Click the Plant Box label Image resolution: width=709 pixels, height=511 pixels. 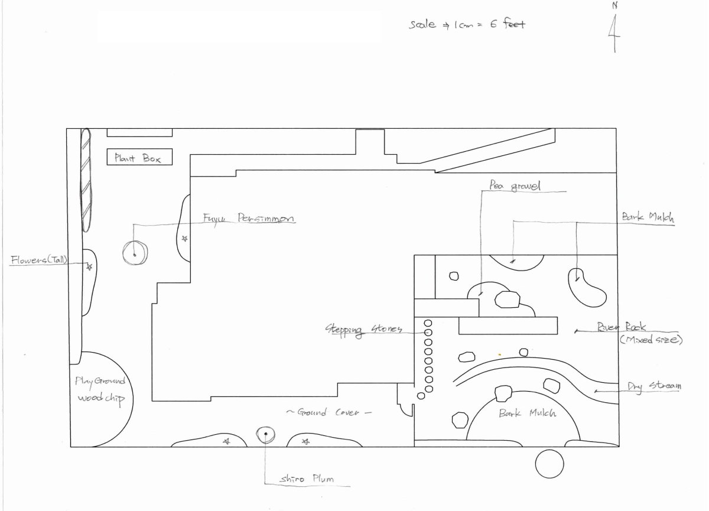click(139, 158)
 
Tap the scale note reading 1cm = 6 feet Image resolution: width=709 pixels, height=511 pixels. click(467, 25)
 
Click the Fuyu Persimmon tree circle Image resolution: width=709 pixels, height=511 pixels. click(134, 253)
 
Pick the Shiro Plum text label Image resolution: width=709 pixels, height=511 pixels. click(307, 479)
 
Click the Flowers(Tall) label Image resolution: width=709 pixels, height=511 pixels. click(40, 259)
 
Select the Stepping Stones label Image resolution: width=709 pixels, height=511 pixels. click(364, 329)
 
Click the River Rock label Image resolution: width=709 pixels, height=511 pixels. click(622, 327)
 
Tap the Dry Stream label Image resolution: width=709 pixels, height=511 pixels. click(655, 386)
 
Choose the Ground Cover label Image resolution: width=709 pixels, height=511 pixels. click(329, 412)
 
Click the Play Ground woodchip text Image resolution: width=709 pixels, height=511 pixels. click(100, 390)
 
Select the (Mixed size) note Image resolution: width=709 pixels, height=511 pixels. click(651, 340)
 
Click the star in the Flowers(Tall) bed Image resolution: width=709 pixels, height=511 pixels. click(89, 267)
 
